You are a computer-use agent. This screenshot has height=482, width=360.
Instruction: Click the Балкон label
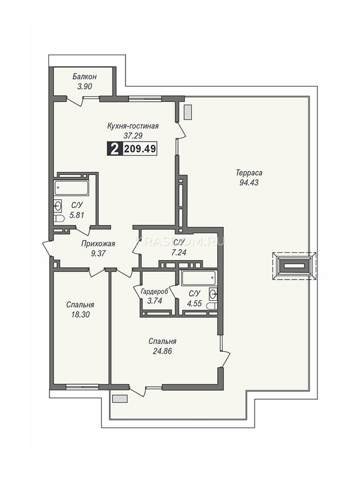84,77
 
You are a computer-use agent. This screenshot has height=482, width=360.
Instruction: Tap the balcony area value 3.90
84,87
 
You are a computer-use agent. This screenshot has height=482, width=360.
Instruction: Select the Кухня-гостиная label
133,126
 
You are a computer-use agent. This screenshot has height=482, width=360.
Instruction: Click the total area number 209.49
140,149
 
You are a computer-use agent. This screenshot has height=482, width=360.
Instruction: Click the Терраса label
249,173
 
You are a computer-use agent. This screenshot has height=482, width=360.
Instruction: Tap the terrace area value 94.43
249,182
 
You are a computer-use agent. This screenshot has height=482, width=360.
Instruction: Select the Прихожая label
98,244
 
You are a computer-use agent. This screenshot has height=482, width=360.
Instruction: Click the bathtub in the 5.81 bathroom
71,188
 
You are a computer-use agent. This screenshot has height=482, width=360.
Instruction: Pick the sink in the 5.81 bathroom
58,206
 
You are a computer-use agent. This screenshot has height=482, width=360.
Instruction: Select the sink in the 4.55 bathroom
213,293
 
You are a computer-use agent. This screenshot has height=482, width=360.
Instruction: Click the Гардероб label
155,292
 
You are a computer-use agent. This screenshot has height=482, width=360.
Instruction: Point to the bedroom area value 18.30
80,315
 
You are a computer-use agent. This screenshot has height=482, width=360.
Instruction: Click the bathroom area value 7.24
179,253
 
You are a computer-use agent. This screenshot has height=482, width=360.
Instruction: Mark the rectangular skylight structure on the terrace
295,266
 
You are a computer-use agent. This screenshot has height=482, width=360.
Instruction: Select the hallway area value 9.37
98,253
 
